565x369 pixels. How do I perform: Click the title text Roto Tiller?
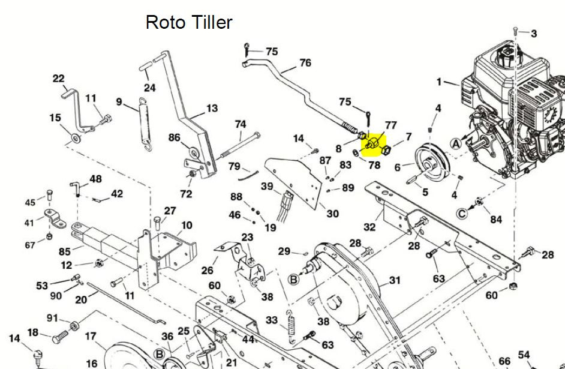click(x=189, y=22)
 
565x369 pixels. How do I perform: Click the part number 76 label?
click(x=305, y=63)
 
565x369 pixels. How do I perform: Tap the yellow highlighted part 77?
click(x=372, y=144)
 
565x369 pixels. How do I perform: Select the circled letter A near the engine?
click(x=456, y=144)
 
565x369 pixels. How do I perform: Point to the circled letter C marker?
click(x=462, y=214)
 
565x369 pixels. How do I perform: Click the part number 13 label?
click(x=212, y=108)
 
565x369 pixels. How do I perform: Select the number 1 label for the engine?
click(x=439, y=82)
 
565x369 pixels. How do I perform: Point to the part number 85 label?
click(x=65, y=251)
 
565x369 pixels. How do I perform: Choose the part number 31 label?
click(x=395, y=280)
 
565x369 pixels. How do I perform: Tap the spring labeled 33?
click(x=291, y=326)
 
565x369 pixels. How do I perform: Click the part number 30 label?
click(x=332, y=214)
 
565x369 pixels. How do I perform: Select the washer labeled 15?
click(x=76, y=137)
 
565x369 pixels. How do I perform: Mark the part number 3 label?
click(x=534, y=34)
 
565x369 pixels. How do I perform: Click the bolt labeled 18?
click(x=60, y=338)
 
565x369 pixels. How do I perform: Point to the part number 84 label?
click(x=496, y=219)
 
